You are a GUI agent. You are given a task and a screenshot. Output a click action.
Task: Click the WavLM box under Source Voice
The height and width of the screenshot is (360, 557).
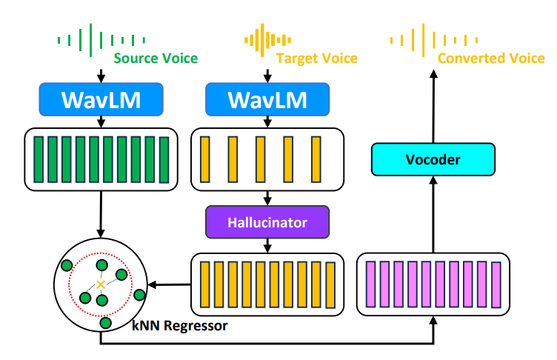[101, 99]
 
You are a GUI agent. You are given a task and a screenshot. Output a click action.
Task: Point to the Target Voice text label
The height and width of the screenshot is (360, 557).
[316, 58]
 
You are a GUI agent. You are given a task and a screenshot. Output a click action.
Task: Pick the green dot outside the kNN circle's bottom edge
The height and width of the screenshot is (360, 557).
[105, 323]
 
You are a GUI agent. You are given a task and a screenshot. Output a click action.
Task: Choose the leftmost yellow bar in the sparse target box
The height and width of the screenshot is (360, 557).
[207, 159]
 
